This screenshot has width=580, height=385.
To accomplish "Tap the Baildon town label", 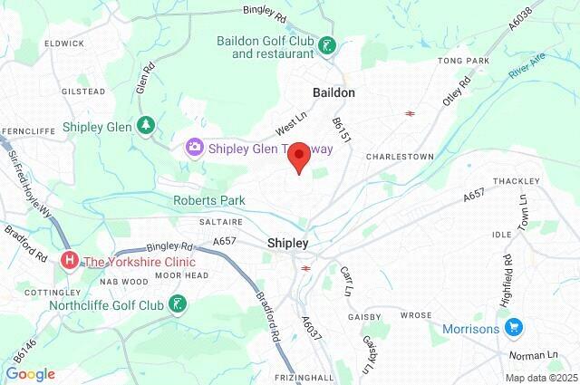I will [333, 92].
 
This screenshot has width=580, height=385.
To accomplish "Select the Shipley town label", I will [288, 243].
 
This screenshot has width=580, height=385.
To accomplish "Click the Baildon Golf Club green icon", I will [327, 45].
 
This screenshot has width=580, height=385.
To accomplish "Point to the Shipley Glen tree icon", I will [144, 126].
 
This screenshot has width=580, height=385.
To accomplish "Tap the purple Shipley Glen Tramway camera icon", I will [193, 147].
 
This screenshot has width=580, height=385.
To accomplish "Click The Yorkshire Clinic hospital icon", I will [70, 262].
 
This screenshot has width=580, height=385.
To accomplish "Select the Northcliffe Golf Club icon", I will [180, 304].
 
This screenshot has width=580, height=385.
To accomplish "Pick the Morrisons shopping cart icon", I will [514, 328].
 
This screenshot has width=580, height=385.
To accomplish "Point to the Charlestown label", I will [399, 157].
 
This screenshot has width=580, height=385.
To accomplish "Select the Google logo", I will [30, 373].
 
